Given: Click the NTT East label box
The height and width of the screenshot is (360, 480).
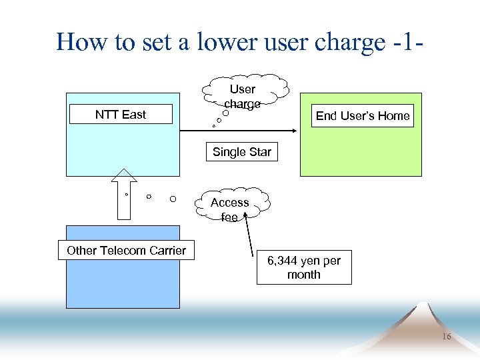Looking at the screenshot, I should [121, 115].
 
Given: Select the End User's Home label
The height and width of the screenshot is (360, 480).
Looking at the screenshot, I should [363, 116].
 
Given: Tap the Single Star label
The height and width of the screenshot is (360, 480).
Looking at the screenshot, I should [242, 152].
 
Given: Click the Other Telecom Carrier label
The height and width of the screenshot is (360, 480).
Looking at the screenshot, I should [127, 251].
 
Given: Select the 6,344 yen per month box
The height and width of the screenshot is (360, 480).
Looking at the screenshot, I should [304, 268].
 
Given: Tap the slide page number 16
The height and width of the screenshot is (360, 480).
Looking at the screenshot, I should [446, 337].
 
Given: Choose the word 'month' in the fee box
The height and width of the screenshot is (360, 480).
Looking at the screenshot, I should [304, 275].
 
